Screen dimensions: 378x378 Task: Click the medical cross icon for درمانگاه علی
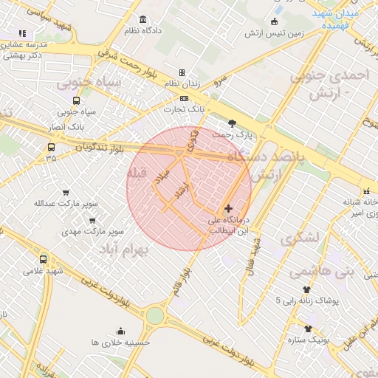228,209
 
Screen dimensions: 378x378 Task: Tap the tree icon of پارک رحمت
233,123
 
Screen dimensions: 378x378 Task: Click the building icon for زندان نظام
182,72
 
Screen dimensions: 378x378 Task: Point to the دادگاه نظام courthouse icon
142,19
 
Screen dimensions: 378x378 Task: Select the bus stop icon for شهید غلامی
43,259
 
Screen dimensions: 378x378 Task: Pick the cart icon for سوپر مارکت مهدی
92,220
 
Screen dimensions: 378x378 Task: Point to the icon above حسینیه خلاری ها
120,331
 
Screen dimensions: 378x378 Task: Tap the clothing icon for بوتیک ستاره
308,329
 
